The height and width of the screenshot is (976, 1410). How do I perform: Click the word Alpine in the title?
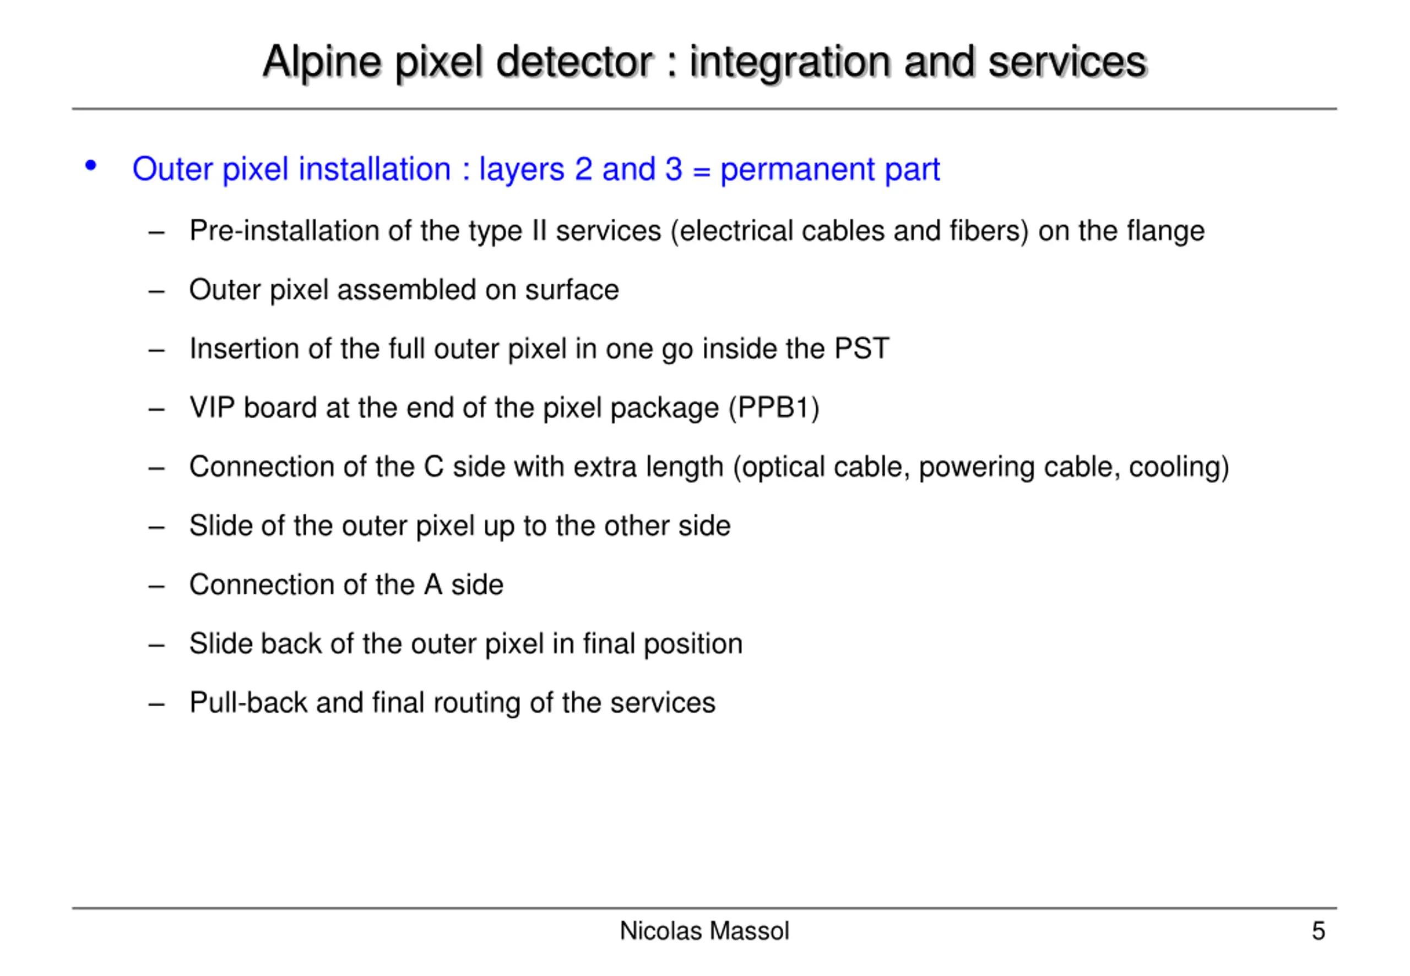pyautogui.click(x=322, y=62)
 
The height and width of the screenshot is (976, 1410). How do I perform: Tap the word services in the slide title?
pyautogui.click(x=1067, y=62)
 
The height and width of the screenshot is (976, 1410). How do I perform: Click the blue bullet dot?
pyautogui.click(x=90, y=165)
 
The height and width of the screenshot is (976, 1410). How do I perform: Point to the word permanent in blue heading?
pyautogui.click(x=797, y=170)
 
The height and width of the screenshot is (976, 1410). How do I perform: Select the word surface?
pyautogui.click(x=572, y=290)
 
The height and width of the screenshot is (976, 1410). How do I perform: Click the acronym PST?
pyautogui.click(x=861, y=349)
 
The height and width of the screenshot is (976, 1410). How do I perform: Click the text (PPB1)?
pyautogui.click(x=773, y=408)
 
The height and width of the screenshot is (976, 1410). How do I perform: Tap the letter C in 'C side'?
pyautogui.click(x=433, y=467)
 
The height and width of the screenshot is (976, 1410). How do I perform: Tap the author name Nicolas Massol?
pyautogui.click(x=704, y=931)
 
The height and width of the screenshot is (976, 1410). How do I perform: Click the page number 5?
pyautogui.click(x=1318, y=931)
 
